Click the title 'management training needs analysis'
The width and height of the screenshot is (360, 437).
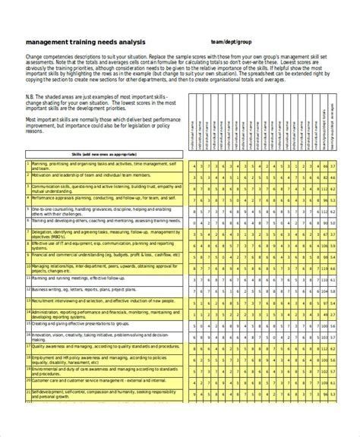coord(84,42)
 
